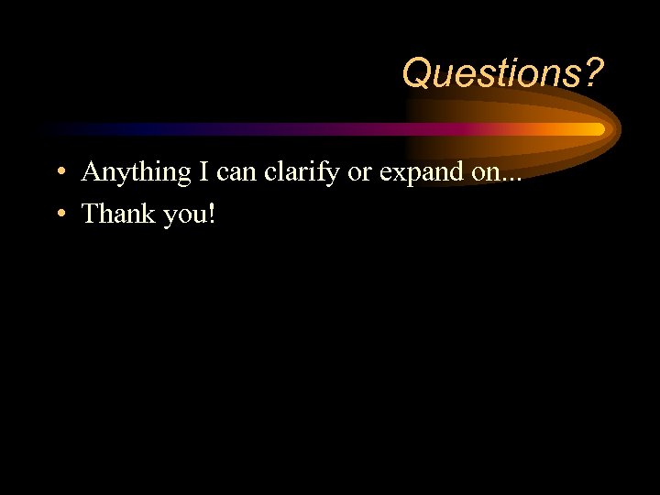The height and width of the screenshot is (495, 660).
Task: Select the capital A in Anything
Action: click(91, 170)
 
